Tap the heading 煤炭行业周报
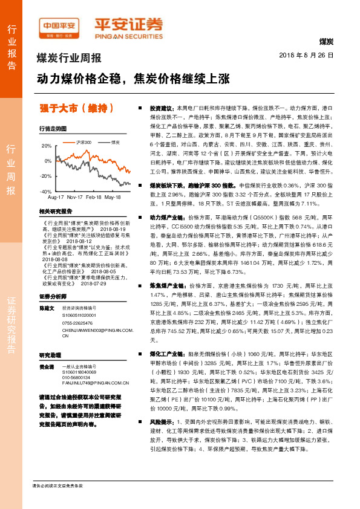[69, 59]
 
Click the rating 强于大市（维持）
[76, 109]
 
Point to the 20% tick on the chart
[46, 146]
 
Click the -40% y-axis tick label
[45, 191]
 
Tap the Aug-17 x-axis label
[56, 197]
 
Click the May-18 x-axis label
[113, 197]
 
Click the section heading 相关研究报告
[55, 211]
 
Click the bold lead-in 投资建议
[162, 106]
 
